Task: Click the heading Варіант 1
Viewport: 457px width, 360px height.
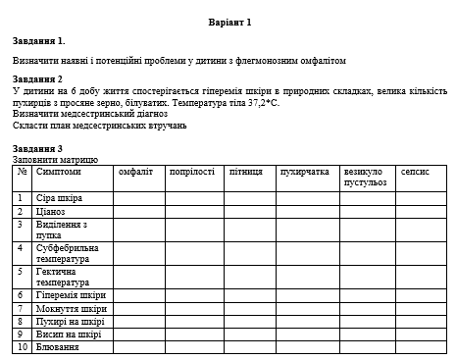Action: [230, 21]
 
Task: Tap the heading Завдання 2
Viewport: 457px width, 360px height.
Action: [38, 78]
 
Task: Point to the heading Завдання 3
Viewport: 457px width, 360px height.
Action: [38, 148]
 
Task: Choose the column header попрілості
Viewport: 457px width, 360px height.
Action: [191, 172]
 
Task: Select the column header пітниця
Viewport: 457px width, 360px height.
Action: [245, 172]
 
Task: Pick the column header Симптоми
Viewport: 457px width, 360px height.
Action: [59, 172]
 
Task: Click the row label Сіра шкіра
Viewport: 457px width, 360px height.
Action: [60, 198]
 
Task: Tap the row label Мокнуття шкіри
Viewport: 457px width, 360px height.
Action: [71, 308]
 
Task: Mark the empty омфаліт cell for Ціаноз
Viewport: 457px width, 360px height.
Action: [138, 211]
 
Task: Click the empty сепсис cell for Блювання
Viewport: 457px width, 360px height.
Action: [421, 346]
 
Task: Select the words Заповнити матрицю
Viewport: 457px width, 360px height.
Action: [56, 158]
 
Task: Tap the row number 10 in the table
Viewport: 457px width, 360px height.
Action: [22, 346]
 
